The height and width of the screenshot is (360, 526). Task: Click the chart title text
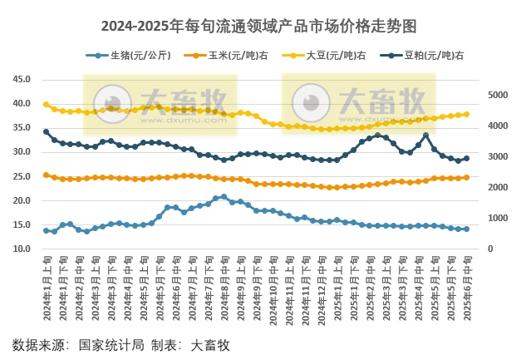click(263, 26)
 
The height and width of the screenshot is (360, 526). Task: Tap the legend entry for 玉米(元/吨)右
click(230, 56)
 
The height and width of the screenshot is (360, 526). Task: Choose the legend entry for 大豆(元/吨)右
click(328, 56)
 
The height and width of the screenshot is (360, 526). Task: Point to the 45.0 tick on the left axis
click(22, 80)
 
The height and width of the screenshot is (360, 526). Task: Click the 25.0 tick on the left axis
click(22, 177)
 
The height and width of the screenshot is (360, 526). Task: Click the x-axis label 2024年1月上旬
click(47, 287)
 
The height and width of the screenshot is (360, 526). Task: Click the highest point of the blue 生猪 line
click(224, 197)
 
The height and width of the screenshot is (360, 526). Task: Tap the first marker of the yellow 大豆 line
click(46, 104)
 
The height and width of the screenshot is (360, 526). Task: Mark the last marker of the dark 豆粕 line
click(466, 158)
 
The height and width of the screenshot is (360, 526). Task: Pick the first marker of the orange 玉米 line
click(46, 175)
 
